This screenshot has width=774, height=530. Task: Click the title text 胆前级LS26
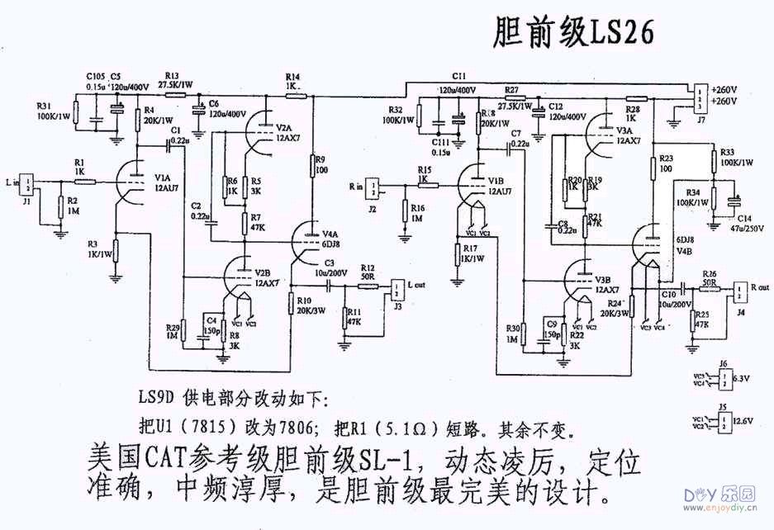coord(573,32)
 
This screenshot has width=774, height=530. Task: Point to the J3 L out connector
coord(396,286)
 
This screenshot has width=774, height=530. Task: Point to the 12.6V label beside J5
coord(745,422)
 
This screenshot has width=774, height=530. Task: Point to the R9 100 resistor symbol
coord(313,166)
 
